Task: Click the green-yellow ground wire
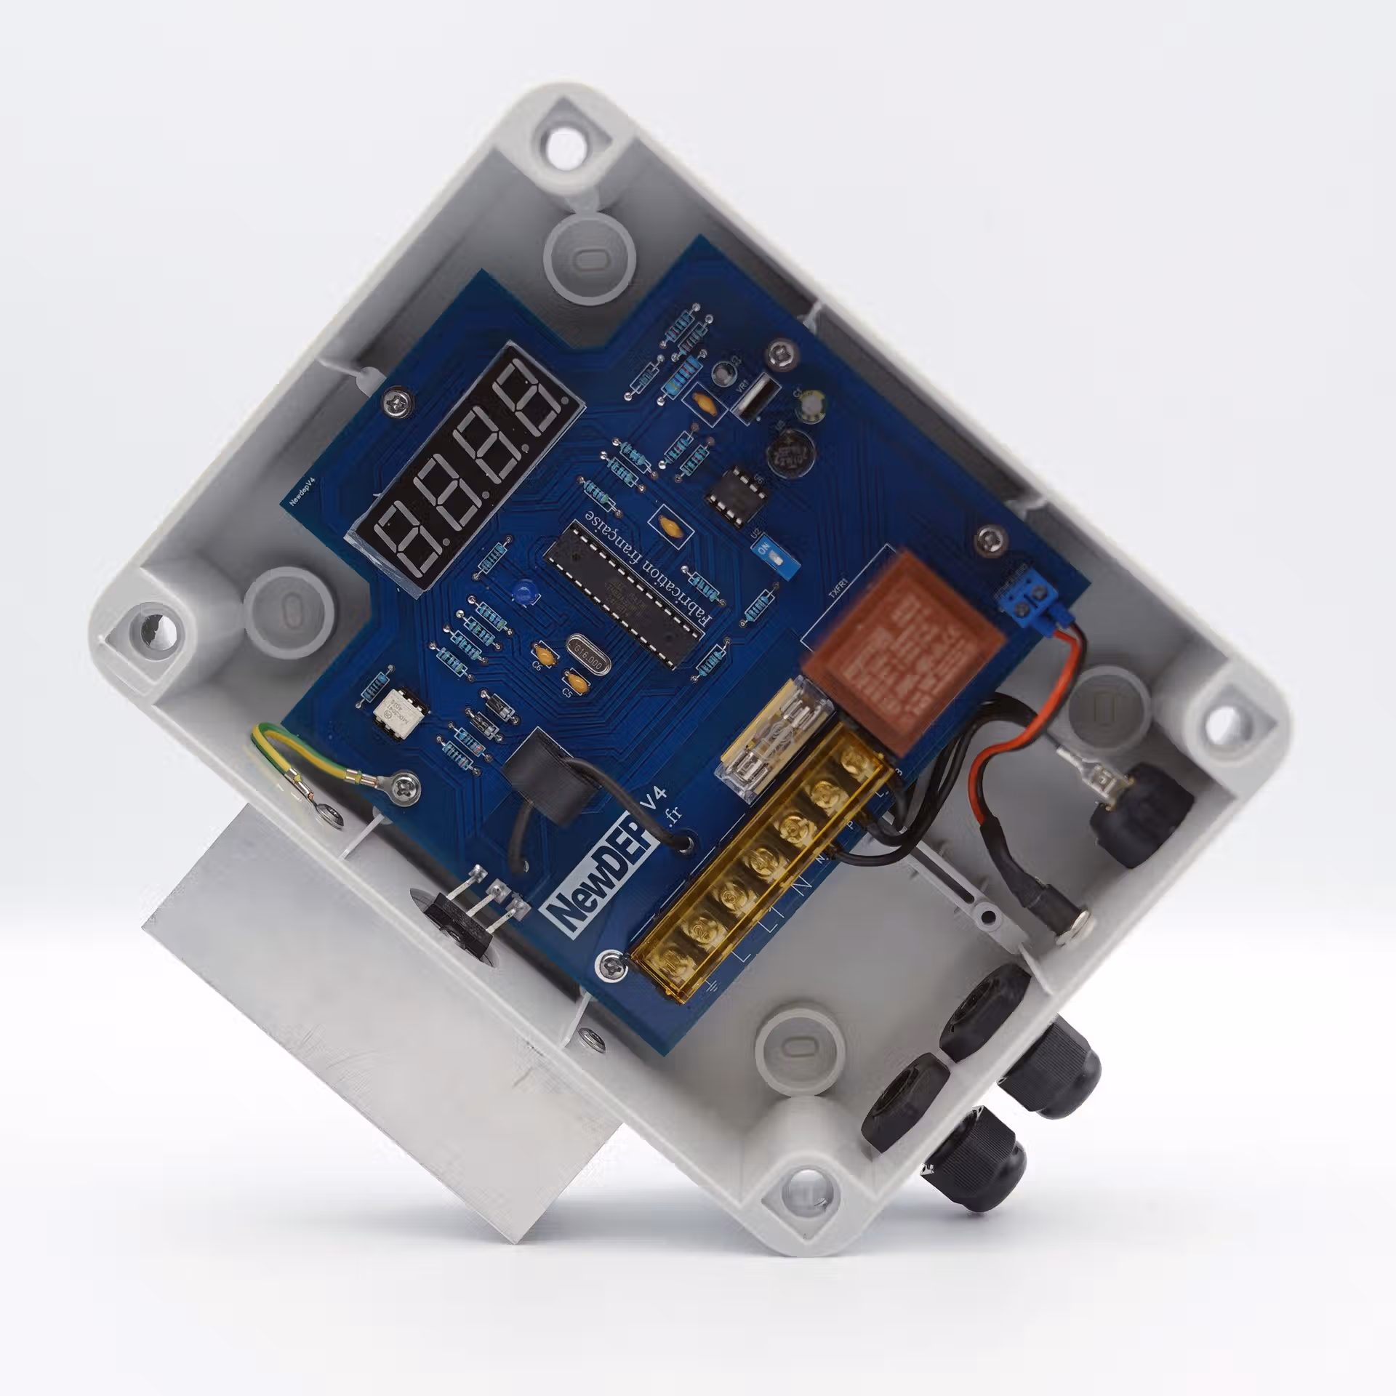(291, 756)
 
